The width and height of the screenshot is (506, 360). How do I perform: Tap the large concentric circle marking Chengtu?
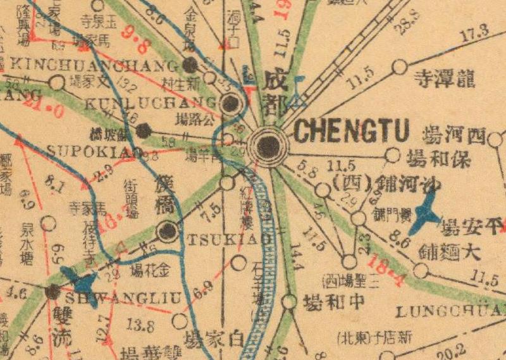(x=269, y=146)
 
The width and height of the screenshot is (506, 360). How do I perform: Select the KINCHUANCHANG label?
(x=95, y=65)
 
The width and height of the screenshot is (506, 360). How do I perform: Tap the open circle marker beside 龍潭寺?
(x=399, y=66)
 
